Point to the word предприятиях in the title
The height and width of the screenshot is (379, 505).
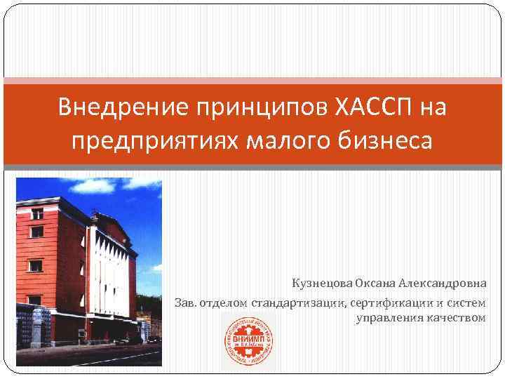pos(154,140)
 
